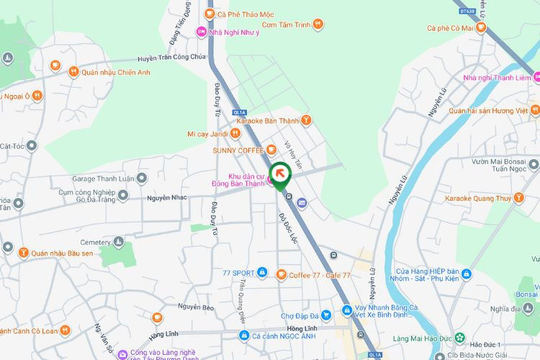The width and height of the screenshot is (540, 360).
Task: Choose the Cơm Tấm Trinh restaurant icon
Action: tap(318, 24)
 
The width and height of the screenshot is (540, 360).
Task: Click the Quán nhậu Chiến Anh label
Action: tap(116, 72)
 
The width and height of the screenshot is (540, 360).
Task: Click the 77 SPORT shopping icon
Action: tap(261, 274)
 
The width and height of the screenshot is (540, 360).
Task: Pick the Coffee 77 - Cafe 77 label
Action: tap(320, 275)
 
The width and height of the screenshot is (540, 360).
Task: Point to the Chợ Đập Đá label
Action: tap(299, 315)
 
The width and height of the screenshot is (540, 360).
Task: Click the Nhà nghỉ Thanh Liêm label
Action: tap(497, 78)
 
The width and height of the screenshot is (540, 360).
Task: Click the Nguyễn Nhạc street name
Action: tap(167, 197)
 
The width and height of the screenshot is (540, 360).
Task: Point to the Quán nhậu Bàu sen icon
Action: tap(23, 253)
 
